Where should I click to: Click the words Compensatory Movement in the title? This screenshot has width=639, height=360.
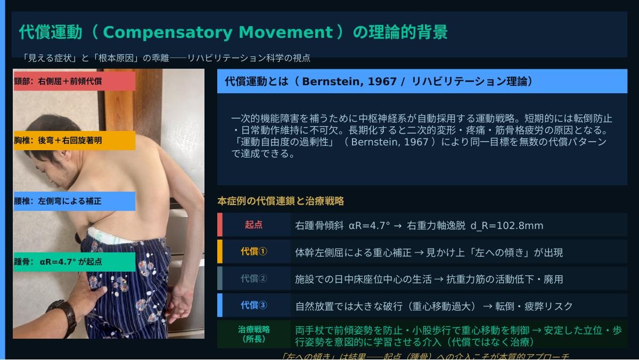(217, 32)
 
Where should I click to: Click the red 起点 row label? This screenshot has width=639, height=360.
(253, 225)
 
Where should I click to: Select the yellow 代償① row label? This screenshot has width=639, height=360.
(253, 251)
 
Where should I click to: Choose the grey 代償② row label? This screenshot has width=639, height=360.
(253, 278)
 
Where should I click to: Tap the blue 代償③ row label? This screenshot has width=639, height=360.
(253, 305)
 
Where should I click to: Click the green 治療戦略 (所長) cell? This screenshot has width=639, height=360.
(253, 334)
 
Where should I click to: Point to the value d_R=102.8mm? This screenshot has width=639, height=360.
(507, 225)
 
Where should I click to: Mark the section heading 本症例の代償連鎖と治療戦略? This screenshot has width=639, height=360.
(281, 201)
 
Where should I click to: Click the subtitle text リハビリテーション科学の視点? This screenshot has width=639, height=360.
(248, 58)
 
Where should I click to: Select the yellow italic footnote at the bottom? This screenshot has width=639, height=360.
(424, 356)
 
